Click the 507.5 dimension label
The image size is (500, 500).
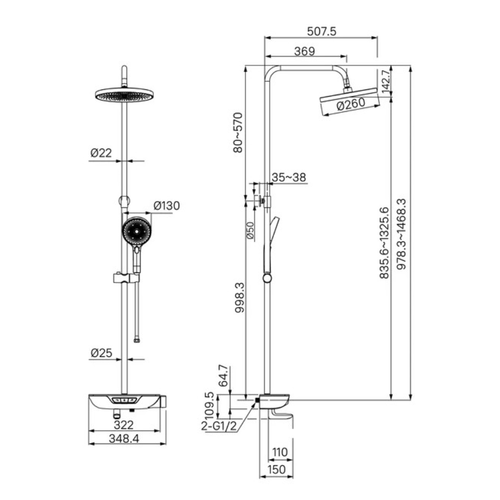(321, 31)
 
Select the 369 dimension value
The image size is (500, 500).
(305, 51)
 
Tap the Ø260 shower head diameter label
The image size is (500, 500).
(351, 104)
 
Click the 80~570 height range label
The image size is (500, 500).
(238, 133)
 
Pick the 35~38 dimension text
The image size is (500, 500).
(289, 177)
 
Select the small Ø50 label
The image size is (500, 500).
(250, 230)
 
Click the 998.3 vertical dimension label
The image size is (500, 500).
(239, 297)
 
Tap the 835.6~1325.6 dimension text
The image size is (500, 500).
(385, 243)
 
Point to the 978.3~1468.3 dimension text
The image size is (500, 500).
(401, 234)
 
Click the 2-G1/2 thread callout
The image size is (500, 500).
(219, 426)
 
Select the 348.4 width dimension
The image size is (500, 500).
(124, 438)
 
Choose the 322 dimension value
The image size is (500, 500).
(124, 425)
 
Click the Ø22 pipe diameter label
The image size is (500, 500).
(101, 153)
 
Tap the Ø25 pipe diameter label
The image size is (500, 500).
(102, 353)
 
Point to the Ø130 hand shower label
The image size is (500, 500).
(167, 206)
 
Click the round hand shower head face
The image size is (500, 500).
(137, 231)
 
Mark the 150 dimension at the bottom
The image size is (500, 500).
(276, 469)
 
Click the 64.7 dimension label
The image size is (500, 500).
(224, 375)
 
